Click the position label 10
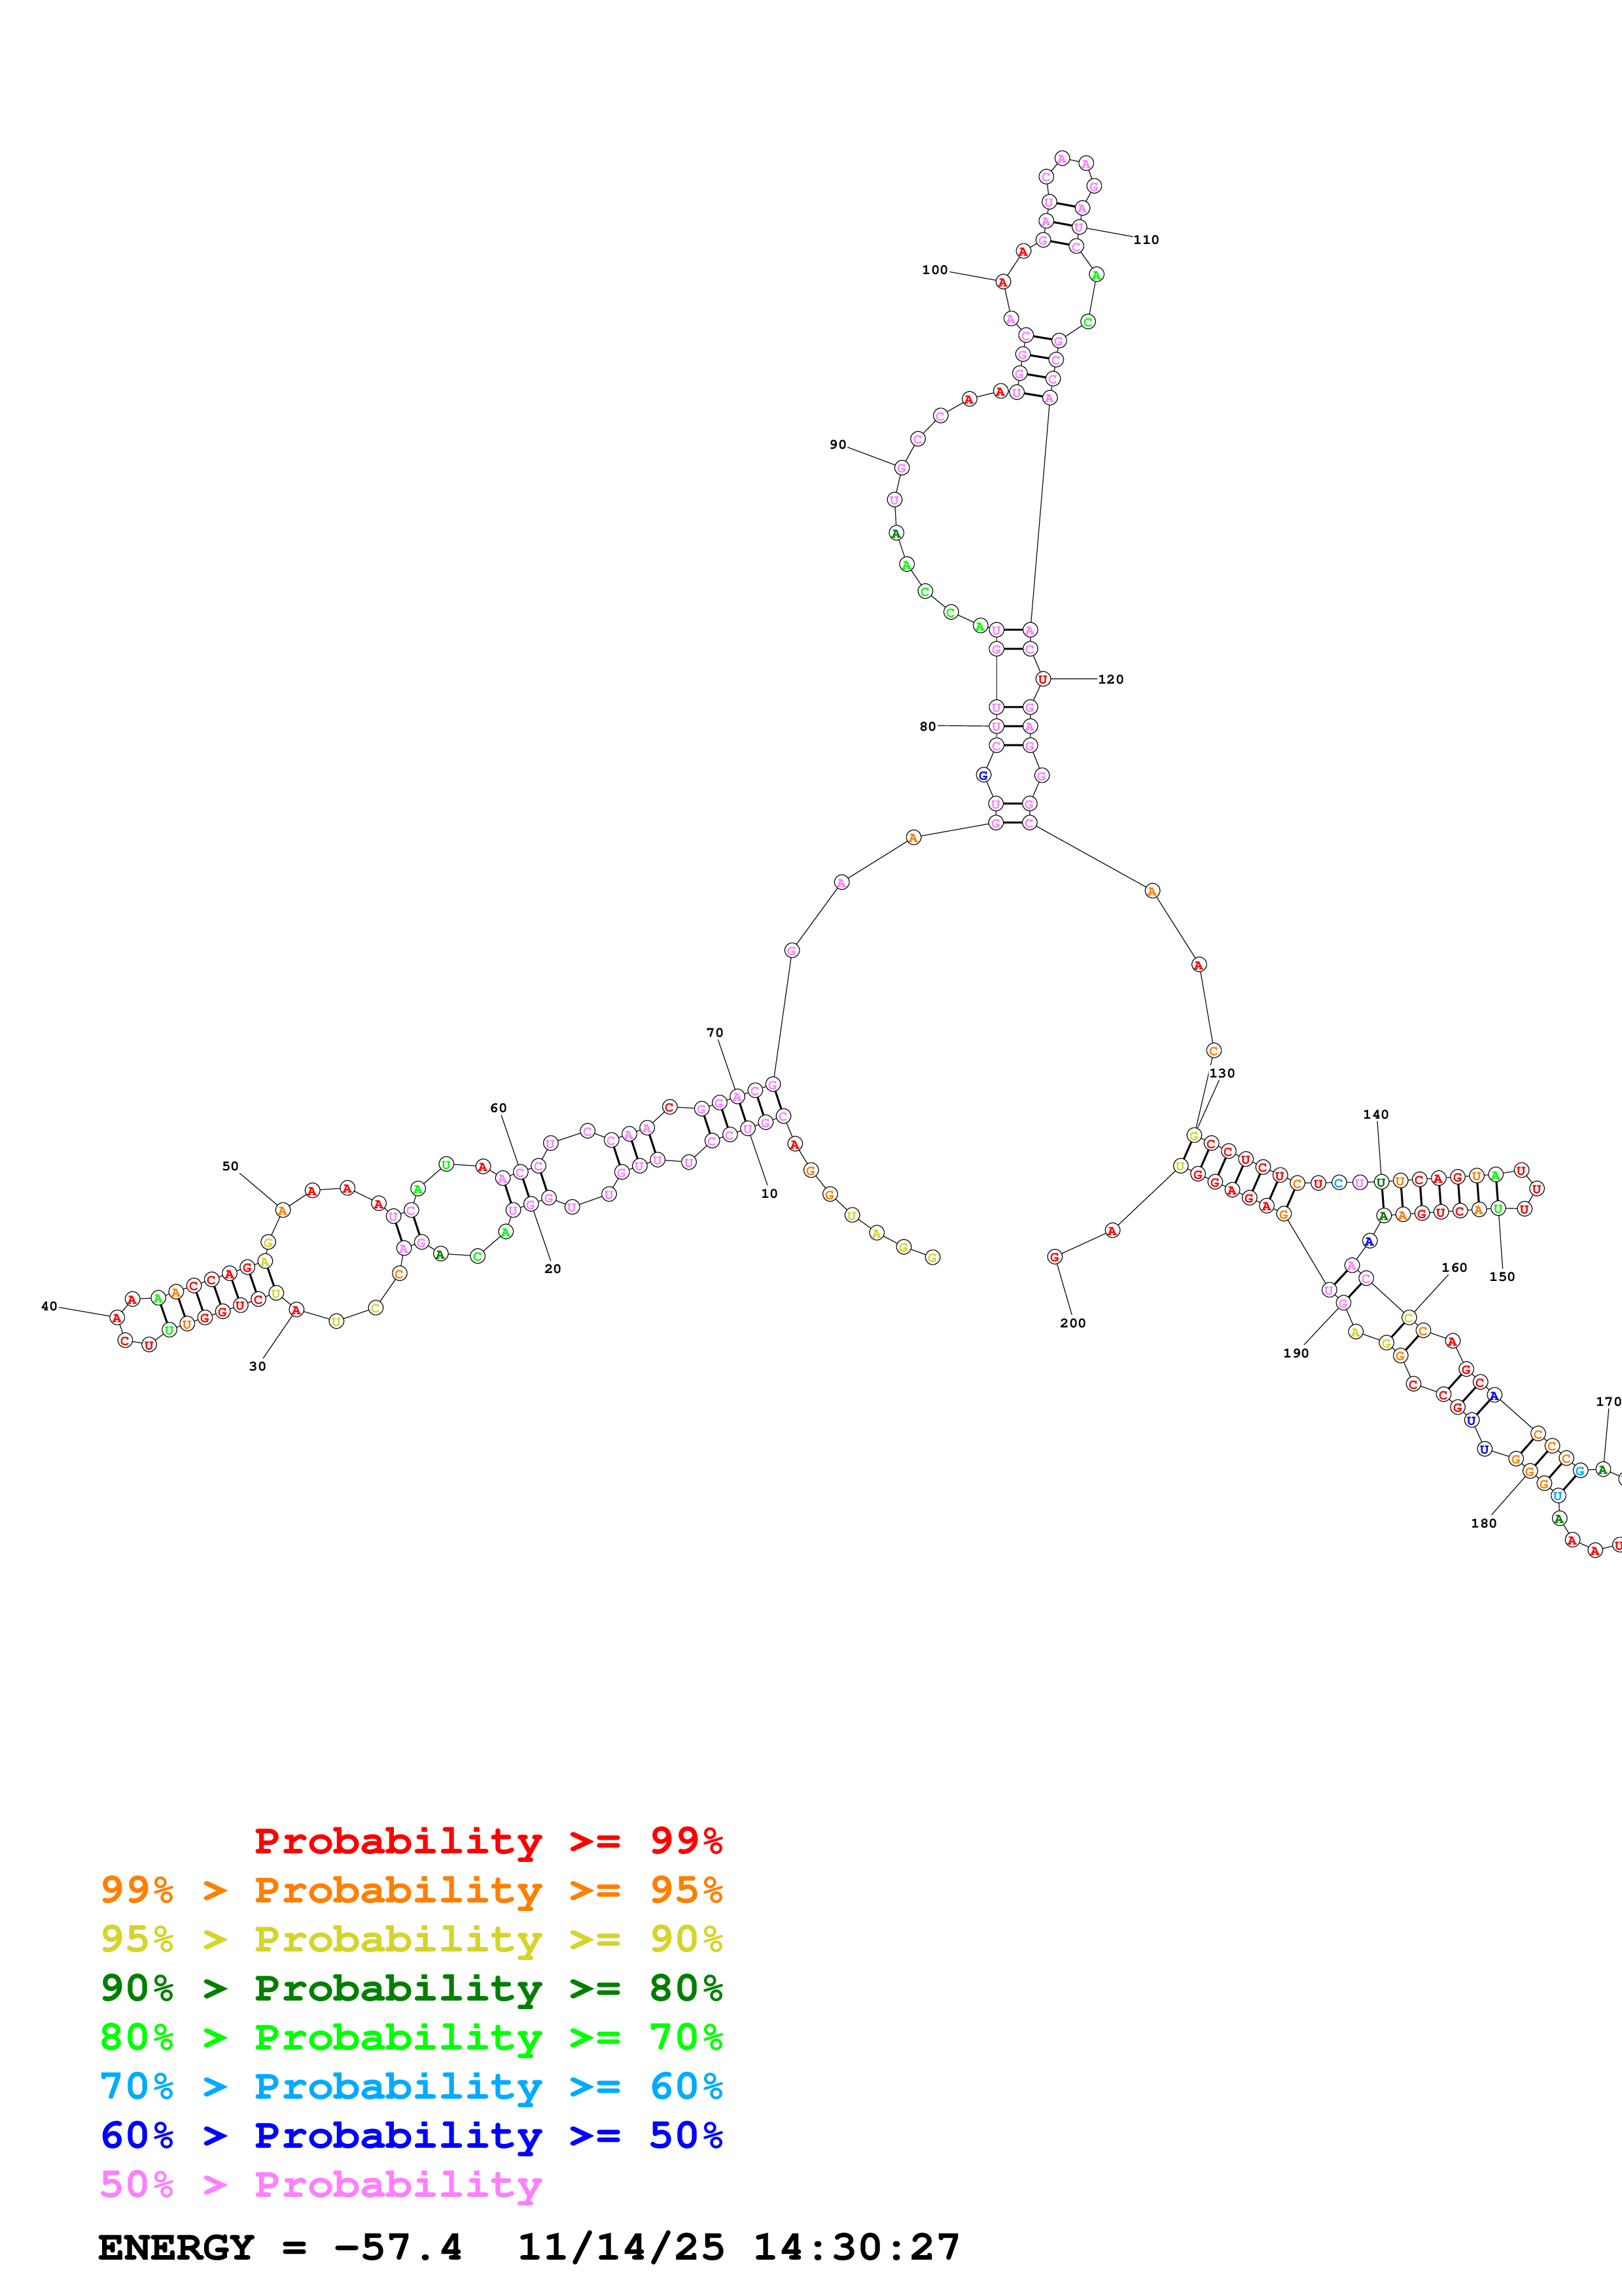(x=769, y=1193)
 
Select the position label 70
(x=714, y=1032)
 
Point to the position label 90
(x=837, y=445)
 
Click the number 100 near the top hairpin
(x=934, y=270)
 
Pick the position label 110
(x=1146, y=240)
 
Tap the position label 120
(x=1110, y=680)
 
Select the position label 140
(x=1375, y=1115)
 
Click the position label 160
(x=1454, y=1267)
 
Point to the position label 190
(x=1296, y=1354)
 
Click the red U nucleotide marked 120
(x=1042, y=680)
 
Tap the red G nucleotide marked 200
(x=1054, y=1257)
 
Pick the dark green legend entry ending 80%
(x=411, y=1988)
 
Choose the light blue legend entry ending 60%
(x=411, y=2086)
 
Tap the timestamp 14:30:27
(x=855, y=2247)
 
